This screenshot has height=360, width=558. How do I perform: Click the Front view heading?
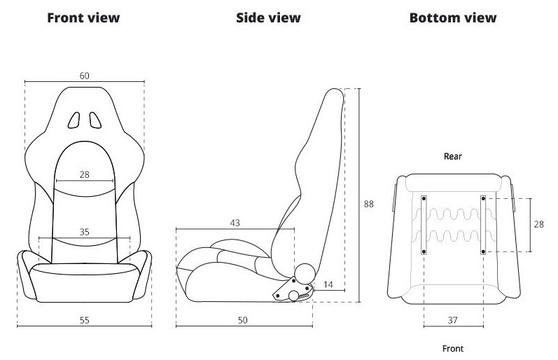[x=83, y=18]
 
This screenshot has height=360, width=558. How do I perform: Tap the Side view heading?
[x=268, y=18]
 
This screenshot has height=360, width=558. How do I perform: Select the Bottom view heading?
[x=453, y=18]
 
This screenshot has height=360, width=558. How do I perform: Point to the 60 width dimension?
[x=84, y=76]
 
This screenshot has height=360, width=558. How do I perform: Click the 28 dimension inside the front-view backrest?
[x=84, y=174]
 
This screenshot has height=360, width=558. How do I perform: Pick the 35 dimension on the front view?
[x=84, y=232]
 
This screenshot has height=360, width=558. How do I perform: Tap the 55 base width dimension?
[x=84, y=321]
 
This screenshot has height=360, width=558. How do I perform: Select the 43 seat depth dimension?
[x=235, y=223]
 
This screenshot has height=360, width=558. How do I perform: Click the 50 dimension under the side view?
[x=242, y=321]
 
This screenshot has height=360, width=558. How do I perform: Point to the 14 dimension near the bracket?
[x=328, y=284]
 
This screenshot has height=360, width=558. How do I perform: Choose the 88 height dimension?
[x=369, y=204]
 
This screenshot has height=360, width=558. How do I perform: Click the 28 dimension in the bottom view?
[x=539, y=224]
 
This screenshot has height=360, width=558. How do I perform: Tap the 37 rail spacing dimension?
[x=452, y=321]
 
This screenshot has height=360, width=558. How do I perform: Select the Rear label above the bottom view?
[x=453, y=156]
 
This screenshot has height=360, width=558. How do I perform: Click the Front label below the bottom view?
[x=453, y=349]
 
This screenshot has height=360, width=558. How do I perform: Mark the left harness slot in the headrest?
[x=74, y=120]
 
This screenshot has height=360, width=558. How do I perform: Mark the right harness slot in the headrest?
[x=95, y=120]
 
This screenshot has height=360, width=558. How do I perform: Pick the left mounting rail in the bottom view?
[x=424, y=225]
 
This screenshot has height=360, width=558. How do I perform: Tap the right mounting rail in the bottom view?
[x=483, y=225]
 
